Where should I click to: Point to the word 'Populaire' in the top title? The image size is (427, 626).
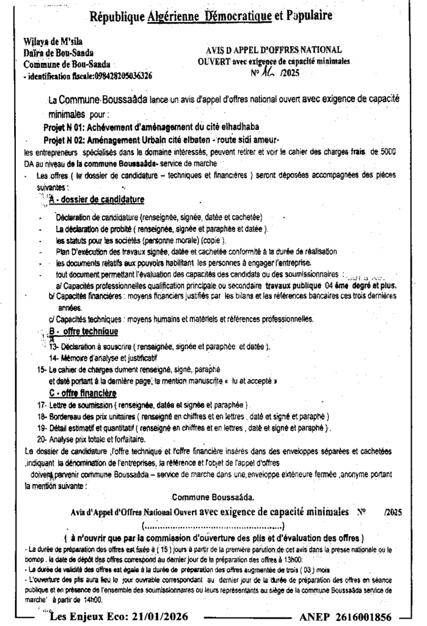pyautogui.click(x=304, y=17)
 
